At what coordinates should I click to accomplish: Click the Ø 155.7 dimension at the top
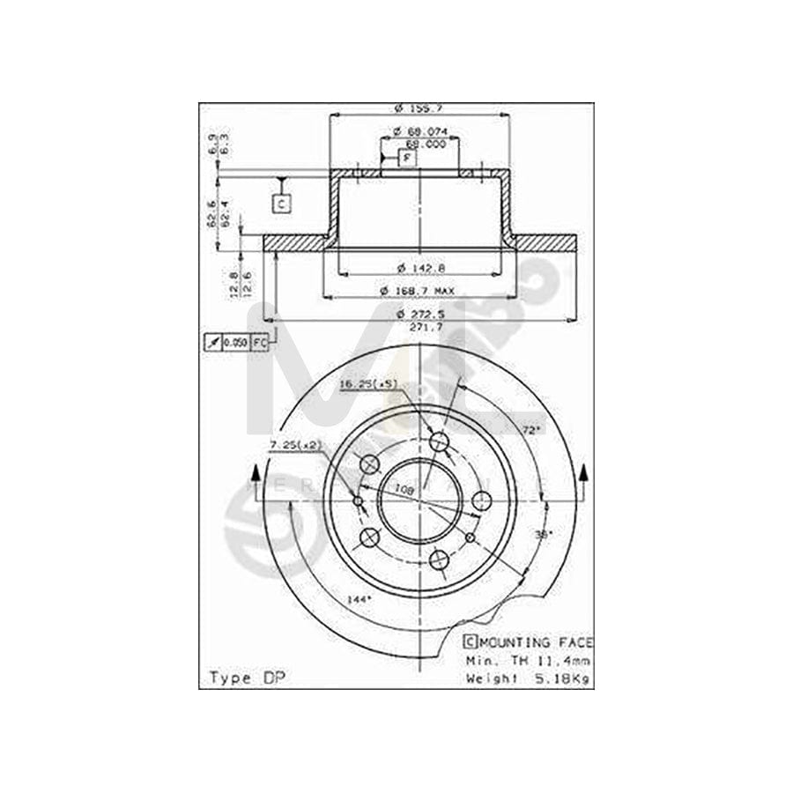point(419,108)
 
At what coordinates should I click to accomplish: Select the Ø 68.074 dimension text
point(420,132)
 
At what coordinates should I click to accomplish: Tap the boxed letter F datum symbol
point(406,159)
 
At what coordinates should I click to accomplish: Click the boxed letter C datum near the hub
point(281,204)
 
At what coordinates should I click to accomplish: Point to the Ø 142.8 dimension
point(419,266)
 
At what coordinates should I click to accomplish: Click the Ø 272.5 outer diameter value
point(419,314)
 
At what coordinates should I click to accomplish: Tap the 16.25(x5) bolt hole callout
point(369,384)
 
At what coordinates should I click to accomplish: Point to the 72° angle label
point(530,431)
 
